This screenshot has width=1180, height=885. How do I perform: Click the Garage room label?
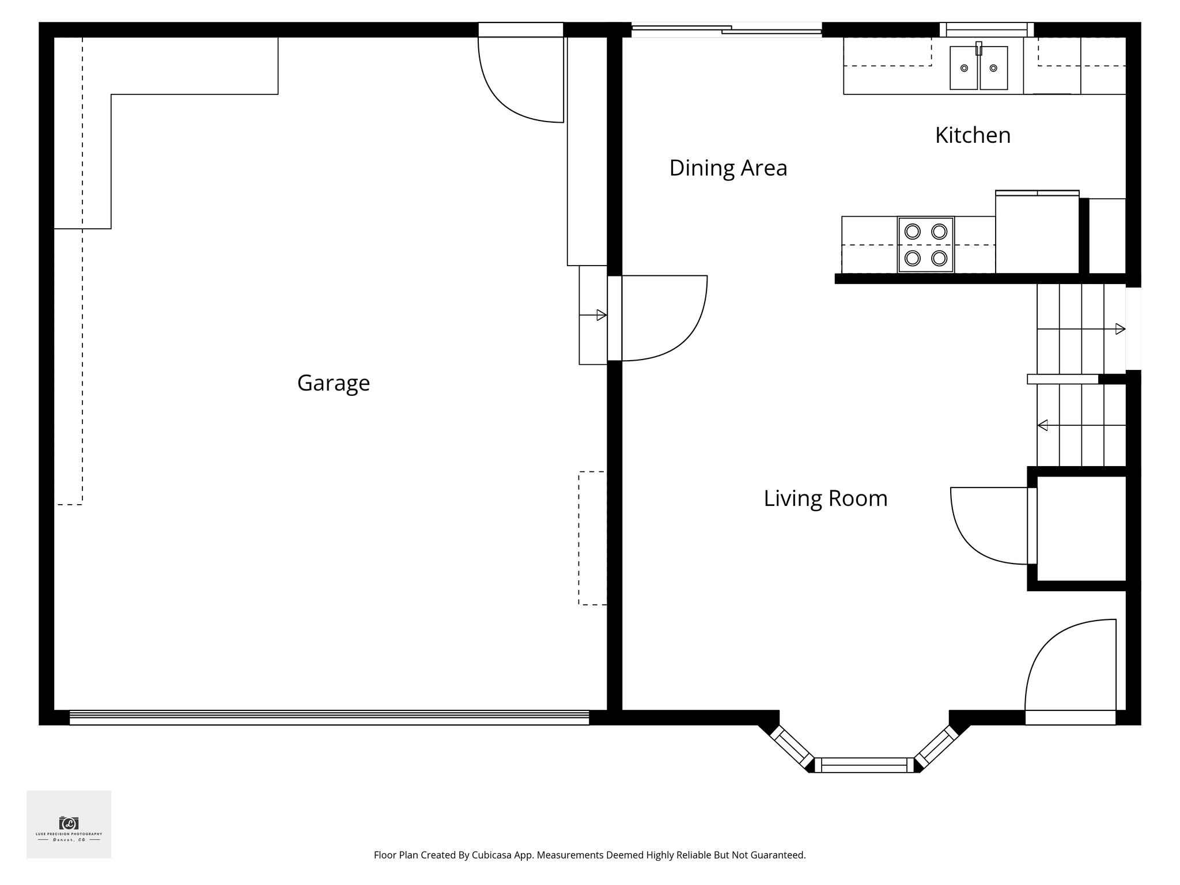tap(333, 383)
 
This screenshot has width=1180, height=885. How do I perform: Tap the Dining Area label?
tap(728, 168)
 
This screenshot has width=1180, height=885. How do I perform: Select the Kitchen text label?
tap(973, 135)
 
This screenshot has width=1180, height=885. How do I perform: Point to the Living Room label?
tap(825, 498)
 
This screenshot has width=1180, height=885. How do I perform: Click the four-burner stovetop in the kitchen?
tap(925, 245)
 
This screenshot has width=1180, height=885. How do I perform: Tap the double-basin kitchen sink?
tap(978, 68)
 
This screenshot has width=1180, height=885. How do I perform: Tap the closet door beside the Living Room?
tap(991, 525)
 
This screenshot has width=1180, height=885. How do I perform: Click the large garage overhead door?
tap(329, 717)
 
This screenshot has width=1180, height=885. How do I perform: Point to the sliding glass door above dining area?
tap(726, 30)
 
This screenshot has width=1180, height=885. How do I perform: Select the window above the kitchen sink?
tap(986, 29)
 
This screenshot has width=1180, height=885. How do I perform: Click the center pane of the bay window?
tap(864, 765)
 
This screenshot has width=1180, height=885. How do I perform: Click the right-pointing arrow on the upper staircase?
tap(1120, 329)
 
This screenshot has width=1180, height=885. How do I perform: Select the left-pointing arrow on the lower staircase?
tap(1043, 426)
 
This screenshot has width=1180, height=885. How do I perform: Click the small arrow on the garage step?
tap(600, 315)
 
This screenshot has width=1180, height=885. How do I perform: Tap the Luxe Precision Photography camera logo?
tap(69, 823)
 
